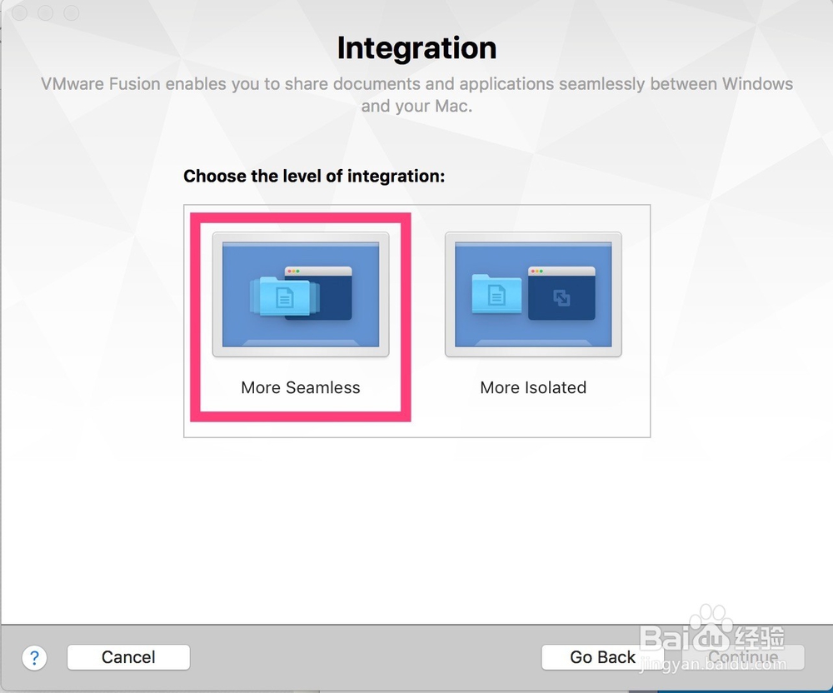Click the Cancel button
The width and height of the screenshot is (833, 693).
pos(128,657)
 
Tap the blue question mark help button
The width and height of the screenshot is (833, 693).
pos(34,658)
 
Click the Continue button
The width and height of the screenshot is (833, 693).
pos(743,657)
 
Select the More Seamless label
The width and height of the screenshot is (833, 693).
pos(301,387)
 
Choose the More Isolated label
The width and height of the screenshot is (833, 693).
pos(533,387)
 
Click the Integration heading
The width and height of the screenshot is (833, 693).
pos(417,47)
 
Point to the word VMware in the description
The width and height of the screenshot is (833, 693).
pos(72,84)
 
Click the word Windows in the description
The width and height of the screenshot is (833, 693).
pos(757,84)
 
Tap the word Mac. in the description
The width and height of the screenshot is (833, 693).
pos(453,107)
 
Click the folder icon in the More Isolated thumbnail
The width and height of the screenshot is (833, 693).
pos(496,294)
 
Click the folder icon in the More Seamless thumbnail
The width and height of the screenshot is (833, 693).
pos(284,297)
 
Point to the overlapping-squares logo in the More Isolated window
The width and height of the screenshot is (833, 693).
pos(561,298)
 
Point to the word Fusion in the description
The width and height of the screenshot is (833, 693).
pos(135,84)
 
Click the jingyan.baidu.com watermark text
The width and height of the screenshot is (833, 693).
pos(713,665)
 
